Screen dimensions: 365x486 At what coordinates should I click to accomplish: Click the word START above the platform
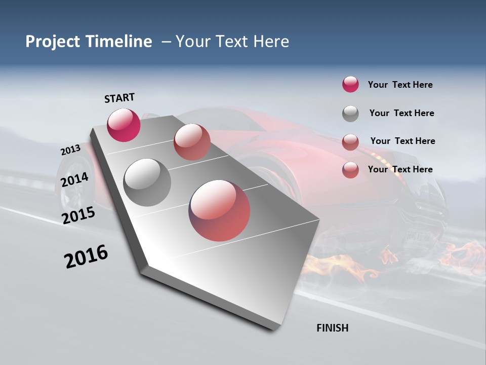(119, 97)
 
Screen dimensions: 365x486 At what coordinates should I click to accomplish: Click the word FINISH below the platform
(332, 328)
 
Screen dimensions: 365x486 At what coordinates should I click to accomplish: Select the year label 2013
(70, 150)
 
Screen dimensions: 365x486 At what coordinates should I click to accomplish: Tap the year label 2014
(74, 179)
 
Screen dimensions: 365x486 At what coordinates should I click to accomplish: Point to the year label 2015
(78, 215)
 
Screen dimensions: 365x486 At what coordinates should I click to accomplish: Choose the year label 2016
(86, 257)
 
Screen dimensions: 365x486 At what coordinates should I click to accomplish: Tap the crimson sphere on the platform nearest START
(124, 125)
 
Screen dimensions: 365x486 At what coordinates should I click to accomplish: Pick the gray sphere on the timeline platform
(147, 182)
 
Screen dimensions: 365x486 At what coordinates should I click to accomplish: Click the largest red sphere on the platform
(219, 210)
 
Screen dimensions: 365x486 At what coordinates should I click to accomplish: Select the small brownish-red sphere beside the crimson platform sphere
(191, 141)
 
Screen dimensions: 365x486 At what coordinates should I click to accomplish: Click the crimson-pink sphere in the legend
(350, 84)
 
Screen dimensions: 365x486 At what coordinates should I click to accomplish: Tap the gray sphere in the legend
(350, 114)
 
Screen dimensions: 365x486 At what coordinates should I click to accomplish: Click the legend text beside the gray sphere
(401, 113)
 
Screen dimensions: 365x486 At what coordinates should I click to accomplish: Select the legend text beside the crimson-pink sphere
(400, 85)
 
